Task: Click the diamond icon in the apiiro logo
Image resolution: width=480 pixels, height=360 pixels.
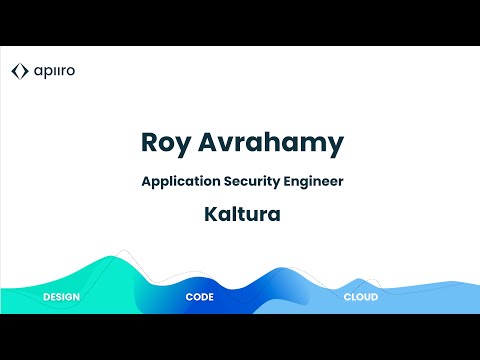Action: [x=19, y=71]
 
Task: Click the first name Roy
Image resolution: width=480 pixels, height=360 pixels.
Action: [x=166, y=142]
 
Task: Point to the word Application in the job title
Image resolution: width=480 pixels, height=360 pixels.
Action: [x=177, y=182]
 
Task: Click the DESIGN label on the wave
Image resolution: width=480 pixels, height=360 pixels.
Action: [x=61, y=298]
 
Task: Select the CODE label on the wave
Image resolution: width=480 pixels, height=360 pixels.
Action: [x=200, y=298]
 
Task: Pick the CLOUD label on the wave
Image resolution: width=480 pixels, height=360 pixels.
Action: [x=361, y=298]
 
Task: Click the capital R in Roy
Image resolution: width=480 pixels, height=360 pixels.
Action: [x=151, y=142]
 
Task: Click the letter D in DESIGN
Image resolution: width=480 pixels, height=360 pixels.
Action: [x=46, y=298]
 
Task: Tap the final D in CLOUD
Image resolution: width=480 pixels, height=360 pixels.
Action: [x=375, y=298]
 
